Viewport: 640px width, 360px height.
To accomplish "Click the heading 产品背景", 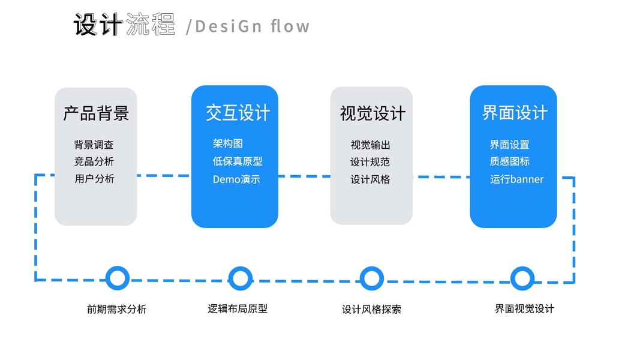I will coord(96,113).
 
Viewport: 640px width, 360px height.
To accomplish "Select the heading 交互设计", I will coord(238,113).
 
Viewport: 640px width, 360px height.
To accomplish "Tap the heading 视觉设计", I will coord(372,113).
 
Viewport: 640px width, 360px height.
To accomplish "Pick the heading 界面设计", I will coord(515,113).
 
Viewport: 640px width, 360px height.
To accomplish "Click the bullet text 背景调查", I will coord(94,145).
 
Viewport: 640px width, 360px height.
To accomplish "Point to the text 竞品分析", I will coord(94,161).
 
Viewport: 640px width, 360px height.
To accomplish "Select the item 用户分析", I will coord(94,179).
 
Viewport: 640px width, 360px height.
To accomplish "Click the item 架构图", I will coord(227,143).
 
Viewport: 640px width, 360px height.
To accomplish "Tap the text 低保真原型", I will coord(238,161).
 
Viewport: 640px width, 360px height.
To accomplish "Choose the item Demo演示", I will coord(236,179).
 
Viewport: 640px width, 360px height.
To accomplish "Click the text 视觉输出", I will coord(370,145).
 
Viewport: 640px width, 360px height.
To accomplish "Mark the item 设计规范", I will coord(370,162).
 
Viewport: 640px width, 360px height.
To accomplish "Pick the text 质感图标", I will coord(509,161).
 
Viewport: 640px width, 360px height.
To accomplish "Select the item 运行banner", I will coord(516,179).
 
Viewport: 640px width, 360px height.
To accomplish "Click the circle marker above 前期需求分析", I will coord(118,278).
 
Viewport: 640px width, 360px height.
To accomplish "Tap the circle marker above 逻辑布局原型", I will coord(240,278).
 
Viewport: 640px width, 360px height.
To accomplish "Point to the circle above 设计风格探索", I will coord(372,278).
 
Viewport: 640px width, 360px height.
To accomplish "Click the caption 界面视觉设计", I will coord(524,308).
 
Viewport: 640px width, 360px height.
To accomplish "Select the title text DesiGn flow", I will coord(252,26).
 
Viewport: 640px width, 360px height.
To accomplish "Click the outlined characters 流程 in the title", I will coord(151,25).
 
